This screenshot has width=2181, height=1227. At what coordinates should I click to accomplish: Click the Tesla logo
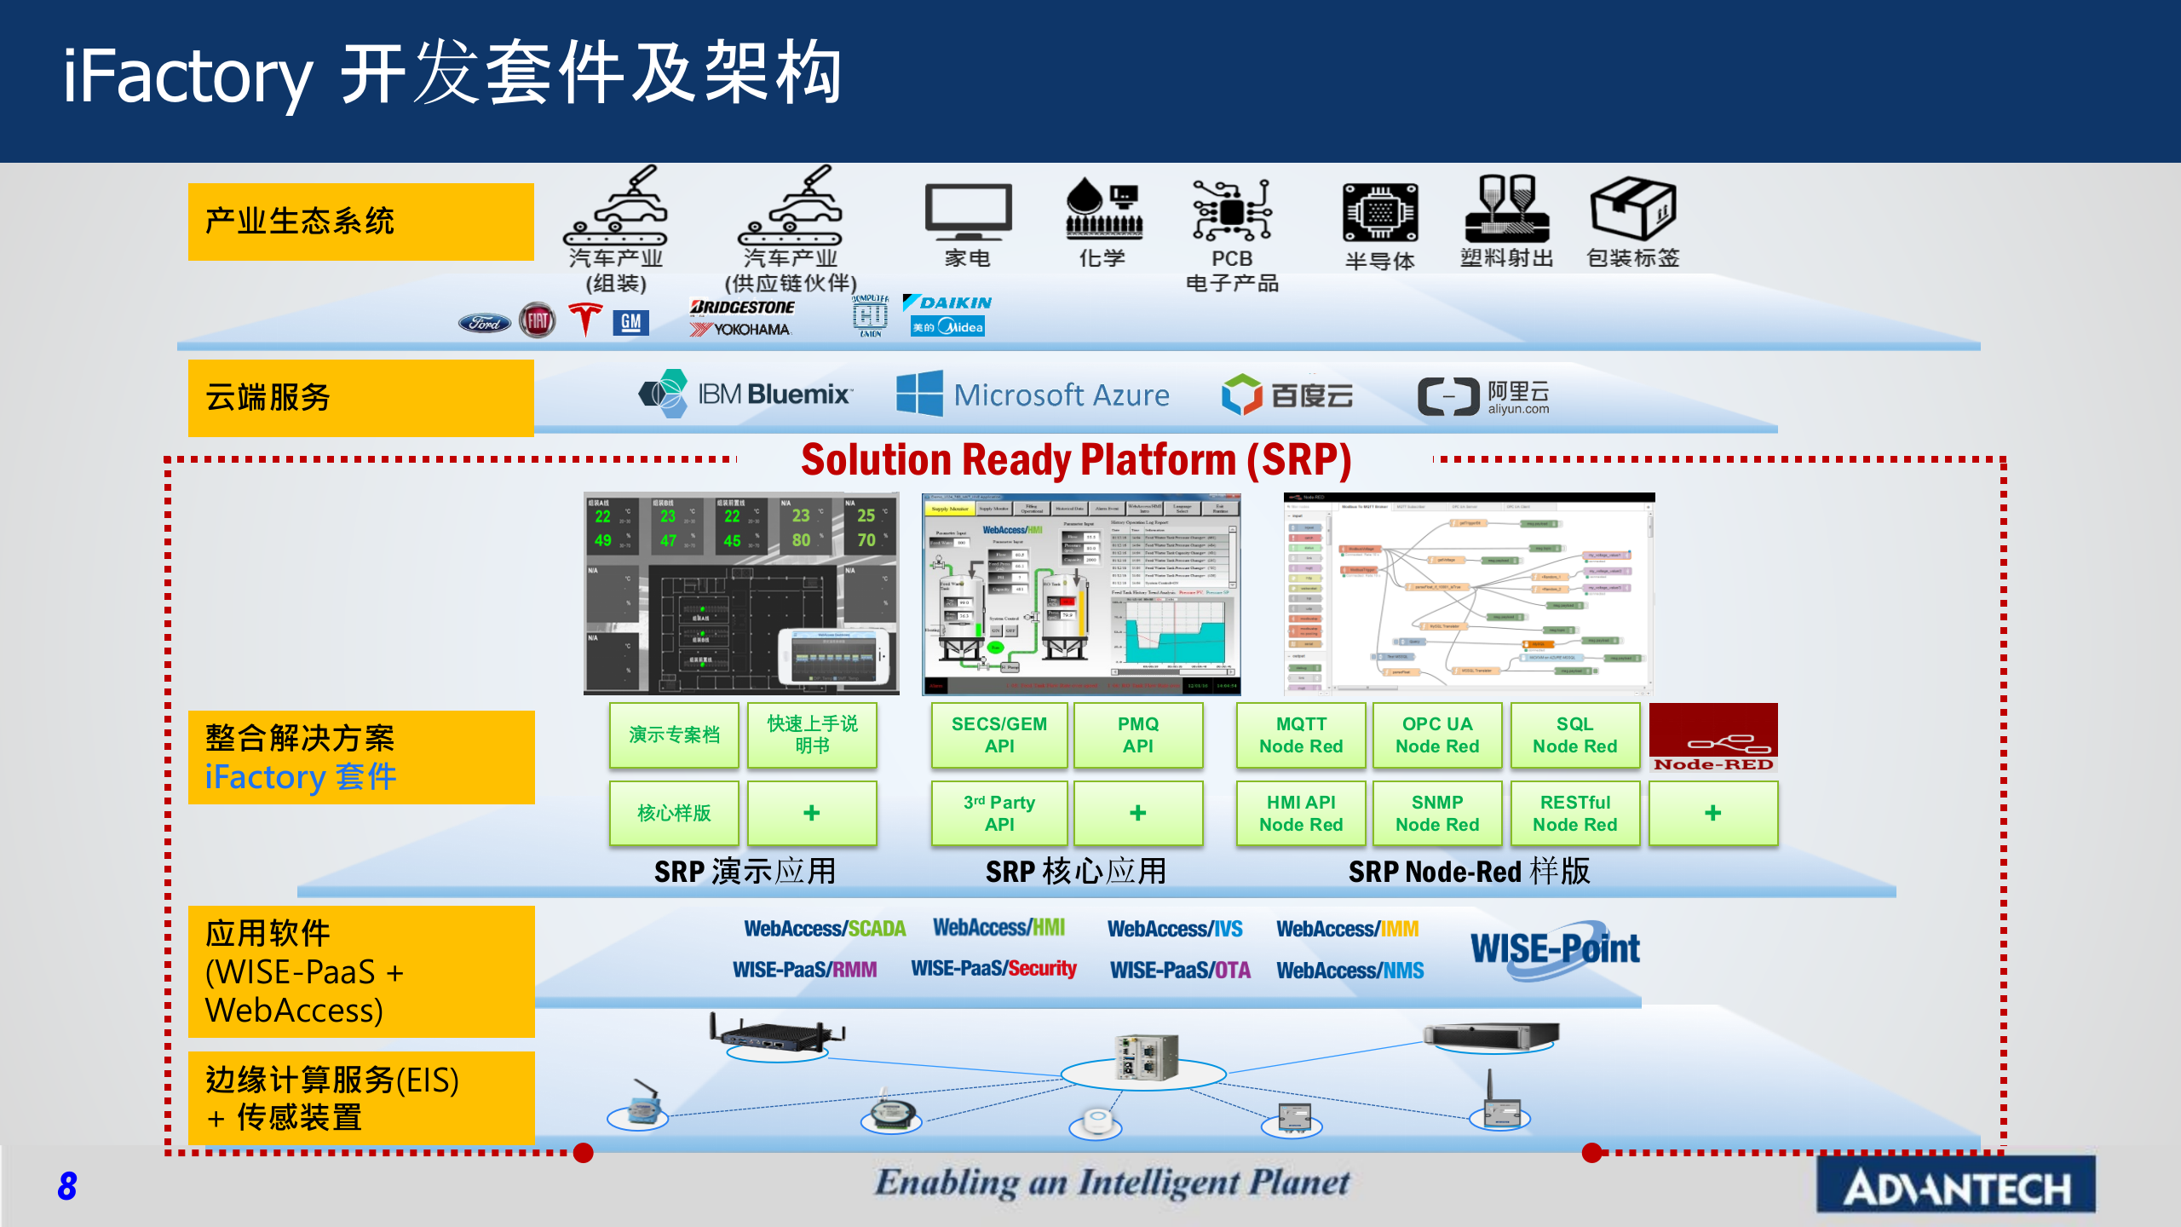tap(585, 320)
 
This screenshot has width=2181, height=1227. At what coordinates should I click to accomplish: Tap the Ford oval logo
tap(485, 323)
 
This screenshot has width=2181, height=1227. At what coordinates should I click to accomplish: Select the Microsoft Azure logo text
tap(1061, 395)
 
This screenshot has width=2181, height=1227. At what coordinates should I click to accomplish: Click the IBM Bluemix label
tap(774, 395)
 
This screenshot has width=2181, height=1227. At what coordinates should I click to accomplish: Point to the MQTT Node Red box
tap(1301, 735)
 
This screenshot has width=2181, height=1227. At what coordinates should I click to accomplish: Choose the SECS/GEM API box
tap(999, 735)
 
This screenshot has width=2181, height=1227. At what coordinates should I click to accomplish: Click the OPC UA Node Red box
tap(1437, 735)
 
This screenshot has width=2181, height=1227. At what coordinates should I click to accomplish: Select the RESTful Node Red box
tap(1574, 814)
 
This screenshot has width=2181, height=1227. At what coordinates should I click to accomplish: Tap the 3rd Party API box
tap(999, 814)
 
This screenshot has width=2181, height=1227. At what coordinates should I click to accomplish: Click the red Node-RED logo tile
tap(1713, 737)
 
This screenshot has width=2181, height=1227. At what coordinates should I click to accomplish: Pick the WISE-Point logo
tap(1555, 949)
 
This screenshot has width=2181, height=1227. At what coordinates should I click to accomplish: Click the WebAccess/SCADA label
tap(825, 929)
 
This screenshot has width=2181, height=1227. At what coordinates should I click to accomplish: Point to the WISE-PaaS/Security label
tap(993, 969)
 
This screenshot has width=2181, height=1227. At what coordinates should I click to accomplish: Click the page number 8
tap(67, 1186)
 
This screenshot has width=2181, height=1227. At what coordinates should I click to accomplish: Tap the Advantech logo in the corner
tap(1956, 1187)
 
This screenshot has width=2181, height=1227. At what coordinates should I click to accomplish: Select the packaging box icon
tap(1632, 209)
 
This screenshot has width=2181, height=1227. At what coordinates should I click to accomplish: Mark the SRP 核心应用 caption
tap(1075, 872)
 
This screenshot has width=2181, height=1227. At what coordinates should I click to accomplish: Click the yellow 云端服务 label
tap(360, 398)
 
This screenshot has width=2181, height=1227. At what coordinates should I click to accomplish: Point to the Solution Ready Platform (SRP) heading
tap(1076, 460)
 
